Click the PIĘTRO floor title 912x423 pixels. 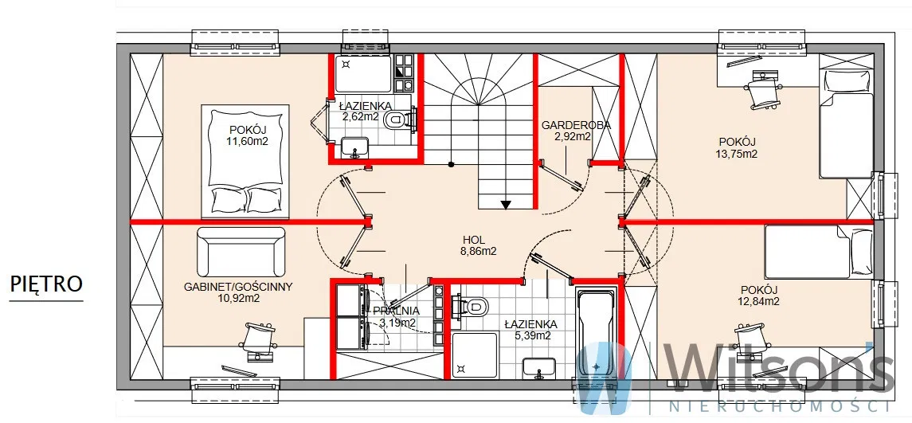coord(46,284)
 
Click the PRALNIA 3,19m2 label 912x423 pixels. coord(397,316)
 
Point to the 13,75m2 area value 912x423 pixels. coord(737,155)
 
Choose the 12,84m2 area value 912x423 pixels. coord(759,301)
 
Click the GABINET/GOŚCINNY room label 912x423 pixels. coord(238,286)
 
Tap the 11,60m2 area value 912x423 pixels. coord(248,141)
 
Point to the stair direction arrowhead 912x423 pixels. coord(506,204)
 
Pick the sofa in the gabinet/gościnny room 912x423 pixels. coord(241,252)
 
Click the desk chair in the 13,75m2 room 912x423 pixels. coord(762,91)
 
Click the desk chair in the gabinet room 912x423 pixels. coord(256,339)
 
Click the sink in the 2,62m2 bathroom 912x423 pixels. coord(354,147)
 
